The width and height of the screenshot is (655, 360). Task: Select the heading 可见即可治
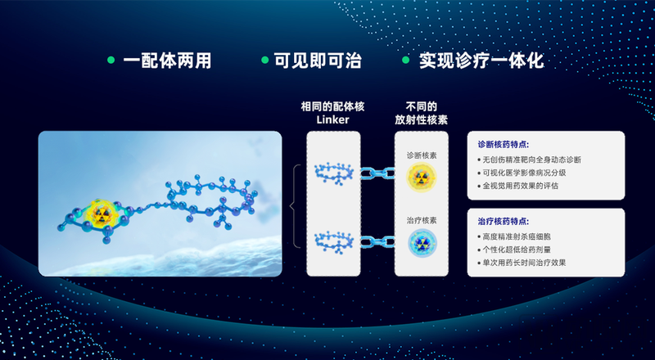coord(316,61)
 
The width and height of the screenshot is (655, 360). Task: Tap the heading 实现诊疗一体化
coord(481,61)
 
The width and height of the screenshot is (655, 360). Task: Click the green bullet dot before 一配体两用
coord(111,61)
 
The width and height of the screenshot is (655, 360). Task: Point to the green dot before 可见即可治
coord(264,61)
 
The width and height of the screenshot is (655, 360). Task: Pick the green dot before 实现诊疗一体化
coord(405,61)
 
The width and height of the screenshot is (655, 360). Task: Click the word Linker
coord(332,120)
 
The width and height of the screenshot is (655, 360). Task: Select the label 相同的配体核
coord(332,106)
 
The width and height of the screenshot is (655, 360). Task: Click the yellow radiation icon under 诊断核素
coord(422,178)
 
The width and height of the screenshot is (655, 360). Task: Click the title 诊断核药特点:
coord(503,144)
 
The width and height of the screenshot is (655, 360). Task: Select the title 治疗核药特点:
coord(503,221)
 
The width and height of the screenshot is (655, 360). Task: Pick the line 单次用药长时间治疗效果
coord(524,263)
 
